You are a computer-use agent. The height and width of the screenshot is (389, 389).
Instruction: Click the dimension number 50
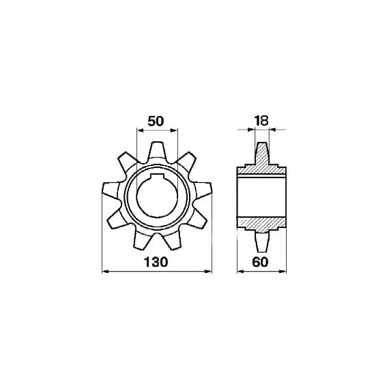point(156,121)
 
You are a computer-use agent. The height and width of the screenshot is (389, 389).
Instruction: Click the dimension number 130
point(156,262)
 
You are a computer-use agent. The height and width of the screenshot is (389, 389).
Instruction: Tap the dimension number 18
point(261,121)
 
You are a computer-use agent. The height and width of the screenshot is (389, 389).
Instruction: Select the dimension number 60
point(260,262)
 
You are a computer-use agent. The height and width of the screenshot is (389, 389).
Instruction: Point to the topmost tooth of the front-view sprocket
point(157,152)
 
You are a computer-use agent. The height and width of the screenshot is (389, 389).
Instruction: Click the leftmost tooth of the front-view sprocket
point(111,192)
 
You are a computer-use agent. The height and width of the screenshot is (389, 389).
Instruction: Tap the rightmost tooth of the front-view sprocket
point(203,191)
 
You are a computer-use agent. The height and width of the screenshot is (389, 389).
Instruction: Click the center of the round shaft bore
point(157,197)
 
